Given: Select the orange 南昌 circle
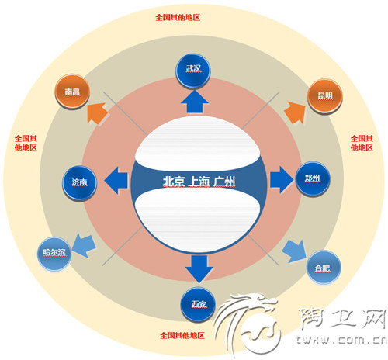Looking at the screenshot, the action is [72, 92].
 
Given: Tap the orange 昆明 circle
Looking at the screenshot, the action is [325, 96].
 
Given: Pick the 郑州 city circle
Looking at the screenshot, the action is [313, 178].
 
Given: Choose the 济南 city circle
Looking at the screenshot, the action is [79, 182].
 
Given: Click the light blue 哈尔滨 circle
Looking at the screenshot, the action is [54, 253].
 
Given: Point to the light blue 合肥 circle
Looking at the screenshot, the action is [324, 268].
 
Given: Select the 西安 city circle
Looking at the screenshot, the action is [198, 304].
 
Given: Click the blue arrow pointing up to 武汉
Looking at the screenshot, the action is [195, 102].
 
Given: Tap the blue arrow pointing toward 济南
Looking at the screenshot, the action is [116, 180].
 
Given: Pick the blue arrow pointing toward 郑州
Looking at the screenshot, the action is [282, 180].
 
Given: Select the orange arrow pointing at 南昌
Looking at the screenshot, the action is [97, 113].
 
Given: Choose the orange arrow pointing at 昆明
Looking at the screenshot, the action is [296, 112].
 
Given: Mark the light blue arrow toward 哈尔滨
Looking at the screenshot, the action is [84, 246].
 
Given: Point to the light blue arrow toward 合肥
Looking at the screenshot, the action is [294, 251].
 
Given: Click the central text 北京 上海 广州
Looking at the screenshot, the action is [199, 182].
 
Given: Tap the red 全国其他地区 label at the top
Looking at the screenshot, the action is [178, 17].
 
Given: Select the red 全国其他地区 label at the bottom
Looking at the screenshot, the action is [182, 335].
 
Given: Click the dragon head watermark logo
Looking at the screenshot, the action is [247, 324].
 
